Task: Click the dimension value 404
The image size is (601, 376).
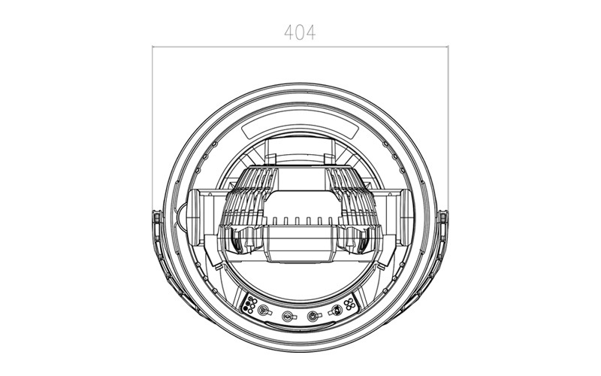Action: pos(300,32)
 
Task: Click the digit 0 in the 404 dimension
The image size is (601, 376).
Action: pos(300,32)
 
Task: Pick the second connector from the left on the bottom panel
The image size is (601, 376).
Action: pos(288,316)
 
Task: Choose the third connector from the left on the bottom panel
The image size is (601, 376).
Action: pos(313,316)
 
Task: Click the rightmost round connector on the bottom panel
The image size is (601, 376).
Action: pos(336,311)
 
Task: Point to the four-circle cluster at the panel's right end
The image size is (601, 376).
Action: pos(349,305)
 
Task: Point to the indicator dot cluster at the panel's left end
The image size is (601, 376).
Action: pos(249,305)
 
